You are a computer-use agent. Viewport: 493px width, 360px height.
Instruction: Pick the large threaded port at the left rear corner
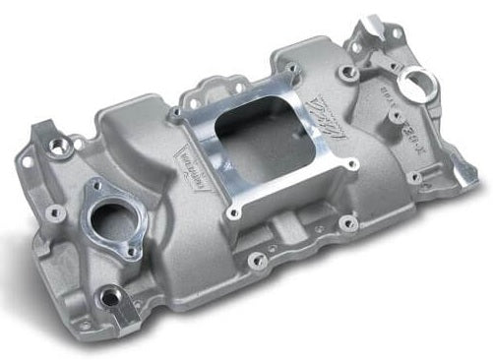pyautogui.click(x=67, y=146)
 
